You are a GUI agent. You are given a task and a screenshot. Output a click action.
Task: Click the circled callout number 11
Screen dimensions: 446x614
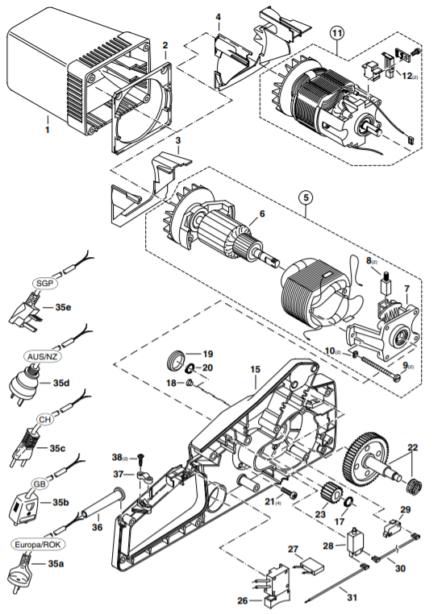[337, 33]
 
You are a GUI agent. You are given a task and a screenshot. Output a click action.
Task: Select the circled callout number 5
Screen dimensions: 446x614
[306, 197]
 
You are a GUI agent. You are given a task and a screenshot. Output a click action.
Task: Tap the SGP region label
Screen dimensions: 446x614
[44, 283]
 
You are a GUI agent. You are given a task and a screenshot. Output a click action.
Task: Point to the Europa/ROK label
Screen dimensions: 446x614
[38, 545]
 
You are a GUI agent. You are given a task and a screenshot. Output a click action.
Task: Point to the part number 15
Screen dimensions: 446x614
[255, 369]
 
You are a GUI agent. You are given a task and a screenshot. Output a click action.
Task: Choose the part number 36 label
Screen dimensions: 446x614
[98, 527]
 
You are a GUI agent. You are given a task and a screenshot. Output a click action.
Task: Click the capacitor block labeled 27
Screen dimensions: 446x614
[311, 566]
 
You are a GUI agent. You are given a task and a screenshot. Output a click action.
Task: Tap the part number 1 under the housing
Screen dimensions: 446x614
[47, 129]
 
